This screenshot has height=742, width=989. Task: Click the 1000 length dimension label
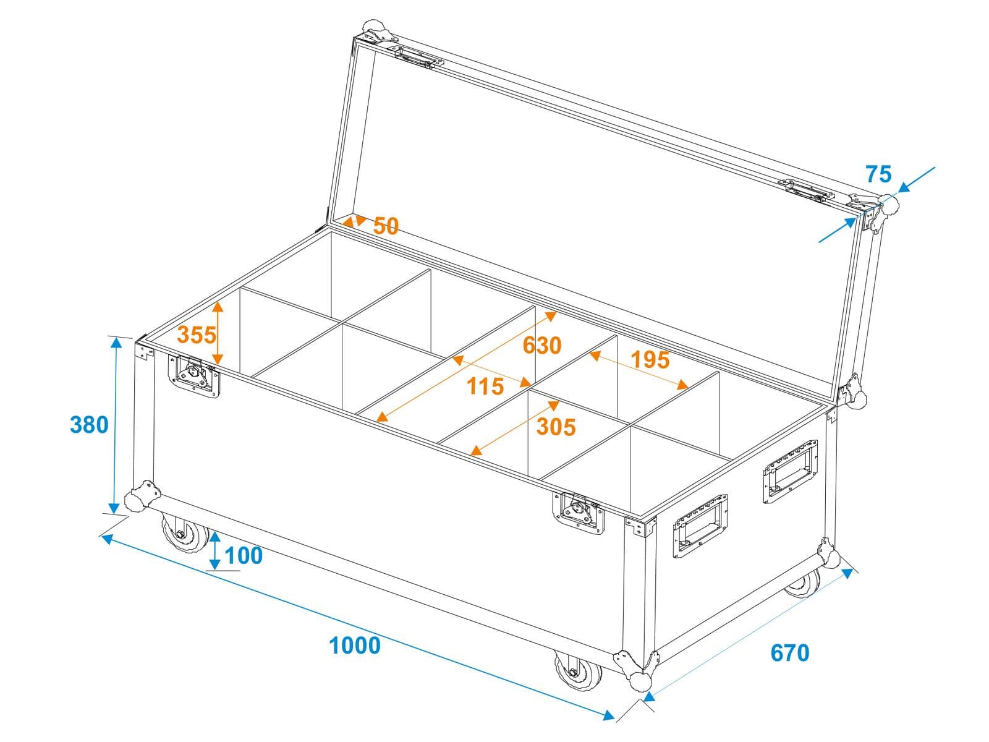click(x=355, y=646)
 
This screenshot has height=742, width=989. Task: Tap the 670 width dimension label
click(x=789, y=653)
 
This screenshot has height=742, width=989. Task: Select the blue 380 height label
click(x=89, y=425)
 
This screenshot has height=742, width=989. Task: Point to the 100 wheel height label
click(x=244, y=555)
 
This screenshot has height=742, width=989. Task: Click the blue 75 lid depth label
click(x=878, y=174)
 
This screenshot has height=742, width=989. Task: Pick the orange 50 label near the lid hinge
click(x=386, y=226)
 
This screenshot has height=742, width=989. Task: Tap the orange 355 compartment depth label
click(x=197, y=335)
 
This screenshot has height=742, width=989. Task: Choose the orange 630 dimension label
click(x=542, y=346)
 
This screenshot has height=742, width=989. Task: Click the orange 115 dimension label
click(x=485, y=386)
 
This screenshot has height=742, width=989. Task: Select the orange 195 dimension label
click(x=650, y=359)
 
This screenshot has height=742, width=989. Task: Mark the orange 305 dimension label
click(x=556, y=427)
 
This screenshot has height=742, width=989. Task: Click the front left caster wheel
click(x=185, y=533)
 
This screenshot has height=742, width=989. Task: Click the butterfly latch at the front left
click(x=194, y=376)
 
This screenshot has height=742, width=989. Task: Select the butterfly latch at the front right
click(x=579, y=513)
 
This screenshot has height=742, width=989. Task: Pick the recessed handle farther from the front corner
click(x=791, y=471)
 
